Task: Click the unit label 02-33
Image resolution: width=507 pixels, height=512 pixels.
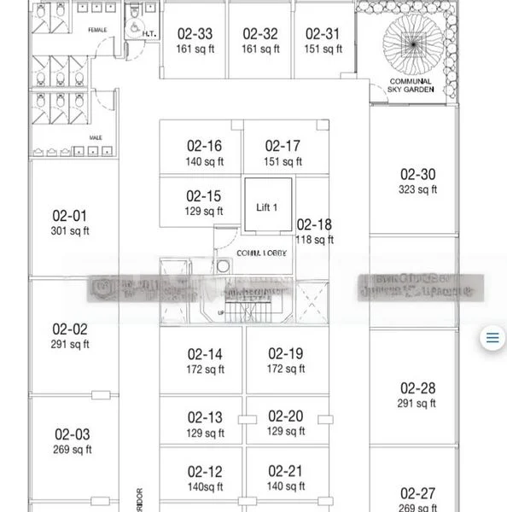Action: pos(195,34)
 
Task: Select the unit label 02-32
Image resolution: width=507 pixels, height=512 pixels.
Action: pos(260,34)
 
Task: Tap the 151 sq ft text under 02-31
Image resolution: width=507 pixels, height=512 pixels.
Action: pos(323,49)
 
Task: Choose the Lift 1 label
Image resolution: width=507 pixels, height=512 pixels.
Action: pos(267,207)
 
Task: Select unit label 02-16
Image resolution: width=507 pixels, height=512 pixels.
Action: pos(203,146)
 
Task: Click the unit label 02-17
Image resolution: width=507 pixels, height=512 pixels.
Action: pos(282,146)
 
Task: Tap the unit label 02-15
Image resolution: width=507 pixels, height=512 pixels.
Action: pos(203,195)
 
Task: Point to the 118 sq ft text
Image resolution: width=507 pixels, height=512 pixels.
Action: pos(314,240)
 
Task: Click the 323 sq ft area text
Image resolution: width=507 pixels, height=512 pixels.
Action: pos(417,189)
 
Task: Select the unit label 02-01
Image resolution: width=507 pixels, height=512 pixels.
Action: pos(69,216)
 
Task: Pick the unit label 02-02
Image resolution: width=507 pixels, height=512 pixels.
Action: pos(69,329)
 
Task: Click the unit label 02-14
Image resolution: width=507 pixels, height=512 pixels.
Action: pos(204,353)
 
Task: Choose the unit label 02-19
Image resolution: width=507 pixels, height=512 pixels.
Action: pos(285,353)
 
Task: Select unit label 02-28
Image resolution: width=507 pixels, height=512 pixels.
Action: pos(417,387)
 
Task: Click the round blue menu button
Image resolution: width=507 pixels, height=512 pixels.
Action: pos(492,337)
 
